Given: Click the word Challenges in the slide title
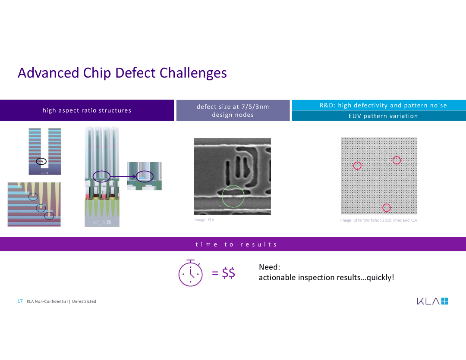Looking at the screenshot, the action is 193,73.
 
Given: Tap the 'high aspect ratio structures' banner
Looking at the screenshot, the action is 87,110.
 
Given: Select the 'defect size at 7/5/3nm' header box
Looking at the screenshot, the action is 233,110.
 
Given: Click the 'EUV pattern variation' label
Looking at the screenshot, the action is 383,116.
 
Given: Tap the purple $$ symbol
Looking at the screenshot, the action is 228,272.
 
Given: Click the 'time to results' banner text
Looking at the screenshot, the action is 236,244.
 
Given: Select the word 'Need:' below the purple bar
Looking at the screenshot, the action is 270,267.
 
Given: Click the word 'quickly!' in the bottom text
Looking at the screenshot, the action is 381,277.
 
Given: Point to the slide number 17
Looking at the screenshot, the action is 20,301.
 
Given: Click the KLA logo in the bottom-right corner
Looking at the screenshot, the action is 432,301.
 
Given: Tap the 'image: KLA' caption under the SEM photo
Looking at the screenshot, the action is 204,220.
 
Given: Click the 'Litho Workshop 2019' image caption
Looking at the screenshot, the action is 379,220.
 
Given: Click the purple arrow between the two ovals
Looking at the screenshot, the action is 123,177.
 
